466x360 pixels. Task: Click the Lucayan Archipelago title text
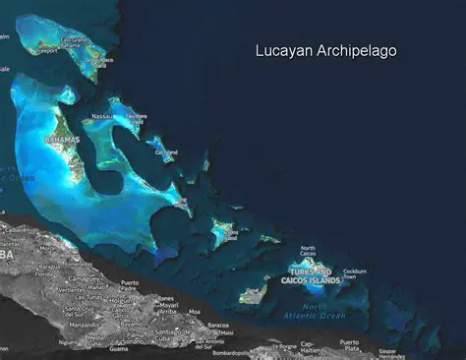click(x=325, y=50)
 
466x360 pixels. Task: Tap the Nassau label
click(x=102, y=117)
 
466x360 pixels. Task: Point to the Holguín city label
click(x=127, y=296)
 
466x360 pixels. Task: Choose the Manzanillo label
click(x=85, y=325)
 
